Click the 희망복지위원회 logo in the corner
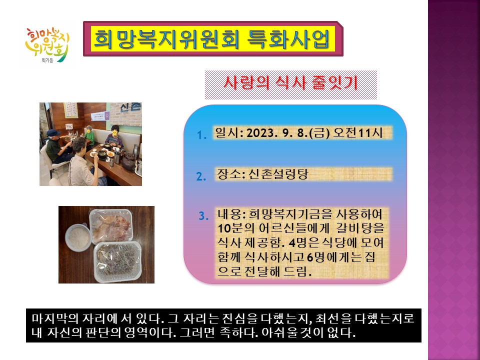pos(47,45)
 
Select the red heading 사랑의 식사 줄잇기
pos(290,82)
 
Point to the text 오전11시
pos(358,132)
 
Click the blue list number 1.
pos(201,135)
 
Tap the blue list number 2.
pos(201,176)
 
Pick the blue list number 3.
pos(203,216)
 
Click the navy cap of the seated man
pos(53,132)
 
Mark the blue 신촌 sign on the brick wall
pos(130,107)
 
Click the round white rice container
pos(78,237)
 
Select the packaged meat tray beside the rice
pos(111,226)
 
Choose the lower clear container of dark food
pos(117,261)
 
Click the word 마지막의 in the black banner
pos(55,318)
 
